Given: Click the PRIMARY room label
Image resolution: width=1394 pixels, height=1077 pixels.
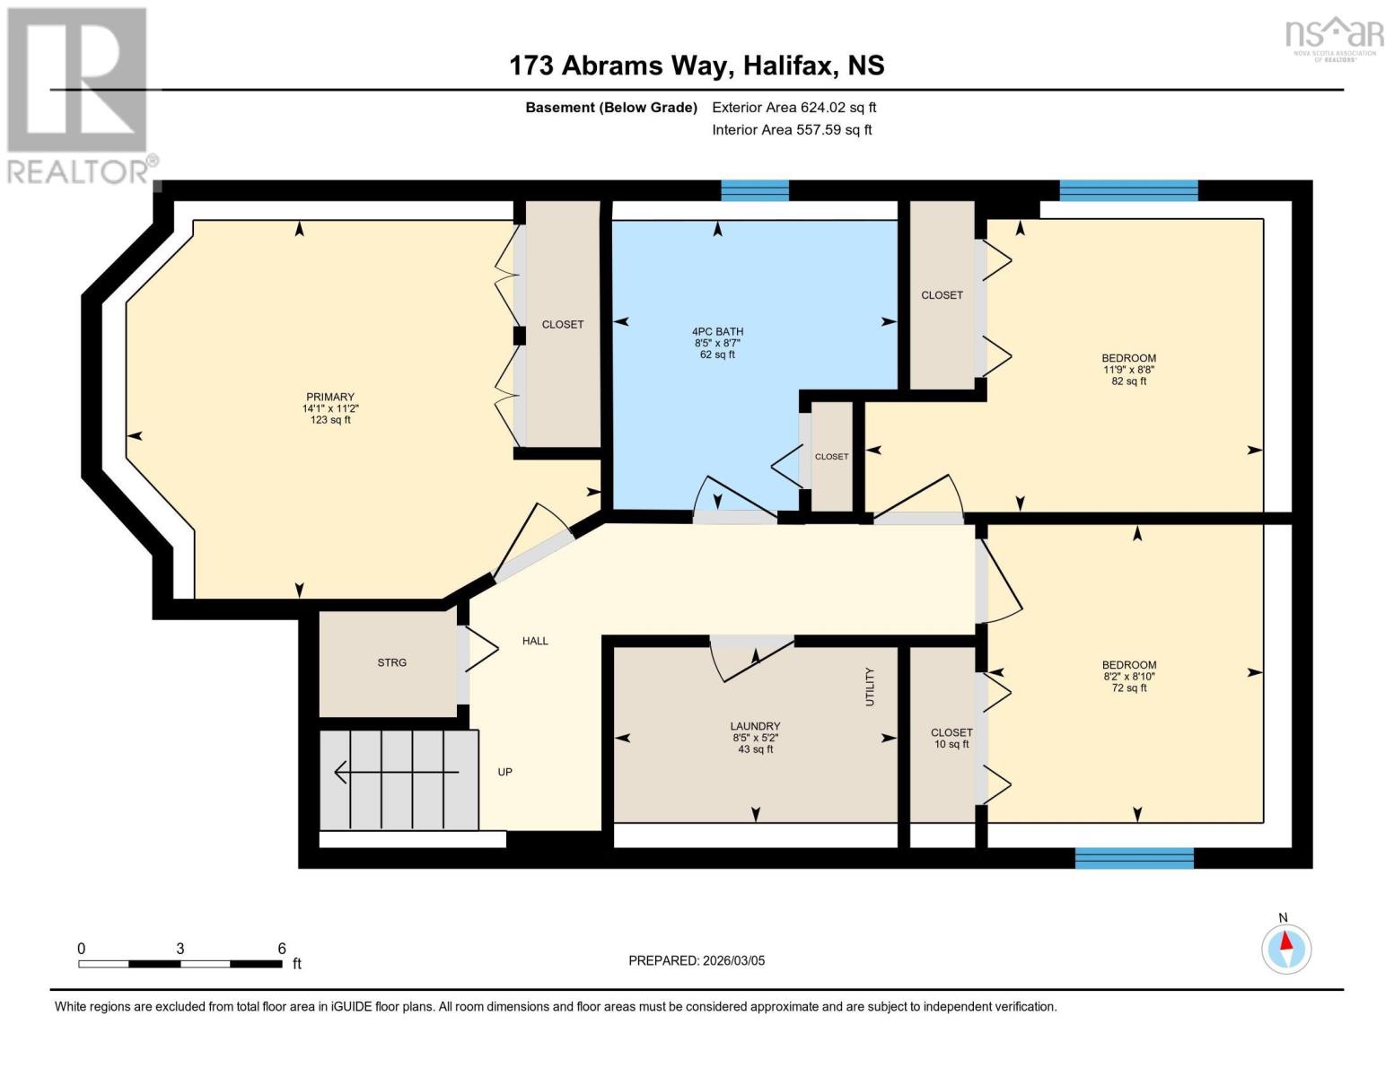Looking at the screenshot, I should click(329, 397).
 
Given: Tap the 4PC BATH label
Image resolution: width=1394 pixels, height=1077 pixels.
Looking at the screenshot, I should click(717, 331).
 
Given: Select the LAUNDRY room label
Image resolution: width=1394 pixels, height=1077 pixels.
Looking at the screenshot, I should click(755, 726).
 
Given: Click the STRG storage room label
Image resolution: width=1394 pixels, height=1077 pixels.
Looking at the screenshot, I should click(391, 662).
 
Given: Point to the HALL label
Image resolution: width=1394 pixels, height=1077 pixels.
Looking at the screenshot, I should click(535, 641).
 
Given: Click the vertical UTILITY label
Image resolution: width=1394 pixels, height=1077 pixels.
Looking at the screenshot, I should click(869, 687).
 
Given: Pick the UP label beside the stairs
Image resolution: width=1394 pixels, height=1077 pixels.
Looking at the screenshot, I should click(505, 772).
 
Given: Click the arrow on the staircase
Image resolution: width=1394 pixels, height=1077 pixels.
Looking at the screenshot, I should click(395, 772).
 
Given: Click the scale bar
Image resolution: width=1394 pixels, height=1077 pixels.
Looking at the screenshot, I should click(180, 964).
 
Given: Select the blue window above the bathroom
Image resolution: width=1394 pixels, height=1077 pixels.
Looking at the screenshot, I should click(755, 190).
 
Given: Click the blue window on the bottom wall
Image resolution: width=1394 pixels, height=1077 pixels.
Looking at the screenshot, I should click(1134, 859).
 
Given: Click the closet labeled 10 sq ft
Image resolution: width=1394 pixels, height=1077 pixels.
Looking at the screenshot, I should click(951, 738).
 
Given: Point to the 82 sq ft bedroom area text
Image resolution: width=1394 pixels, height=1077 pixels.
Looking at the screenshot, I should click(1128, 381).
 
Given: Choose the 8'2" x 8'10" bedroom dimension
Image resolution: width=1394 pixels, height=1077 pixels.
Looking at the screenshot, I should click(1128, 677).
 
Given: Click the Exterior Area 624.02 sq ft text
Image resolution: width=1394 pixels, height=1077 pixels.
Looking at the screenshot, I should click(793, 108).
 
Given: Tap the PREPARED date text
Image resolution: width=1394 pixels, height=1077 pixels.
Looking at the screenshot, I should click(697, 960).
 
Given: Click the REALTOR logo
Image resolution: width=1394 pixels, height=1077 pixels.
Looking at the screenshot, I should click(79, 95).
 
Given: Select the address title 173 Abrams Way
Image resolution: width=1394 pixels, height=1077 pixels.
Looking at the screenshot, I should click(697, 66).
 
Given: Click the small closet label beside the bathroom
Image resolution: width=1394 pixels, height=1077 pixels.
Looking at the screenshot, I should click(831, 457).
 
